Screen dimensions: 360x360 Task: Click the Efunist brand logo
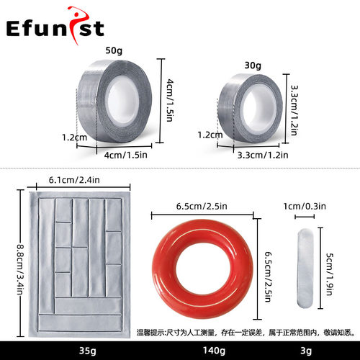(55, 26)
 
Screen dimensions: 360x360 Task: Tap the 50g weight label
(114, 50)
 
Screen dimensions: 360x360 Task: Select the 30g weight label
(253, 66)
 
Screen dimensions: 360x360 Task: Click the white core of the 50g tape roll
(123, 100)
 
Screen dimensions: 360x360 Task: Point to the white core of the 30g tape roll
(257, 109)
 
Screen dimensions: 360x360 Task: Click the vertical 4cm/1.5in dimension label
(170, 100)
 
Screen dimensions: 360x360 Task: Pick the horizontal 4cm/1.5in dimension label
(125, 155)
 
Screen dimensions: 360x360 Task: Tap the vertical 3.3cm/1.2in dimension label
(294, 110)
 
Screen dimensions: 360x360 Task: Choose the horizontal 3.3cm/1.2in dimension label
(263, 155)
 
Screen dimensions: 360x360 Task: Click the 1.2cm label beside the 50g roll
(75, 138)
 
